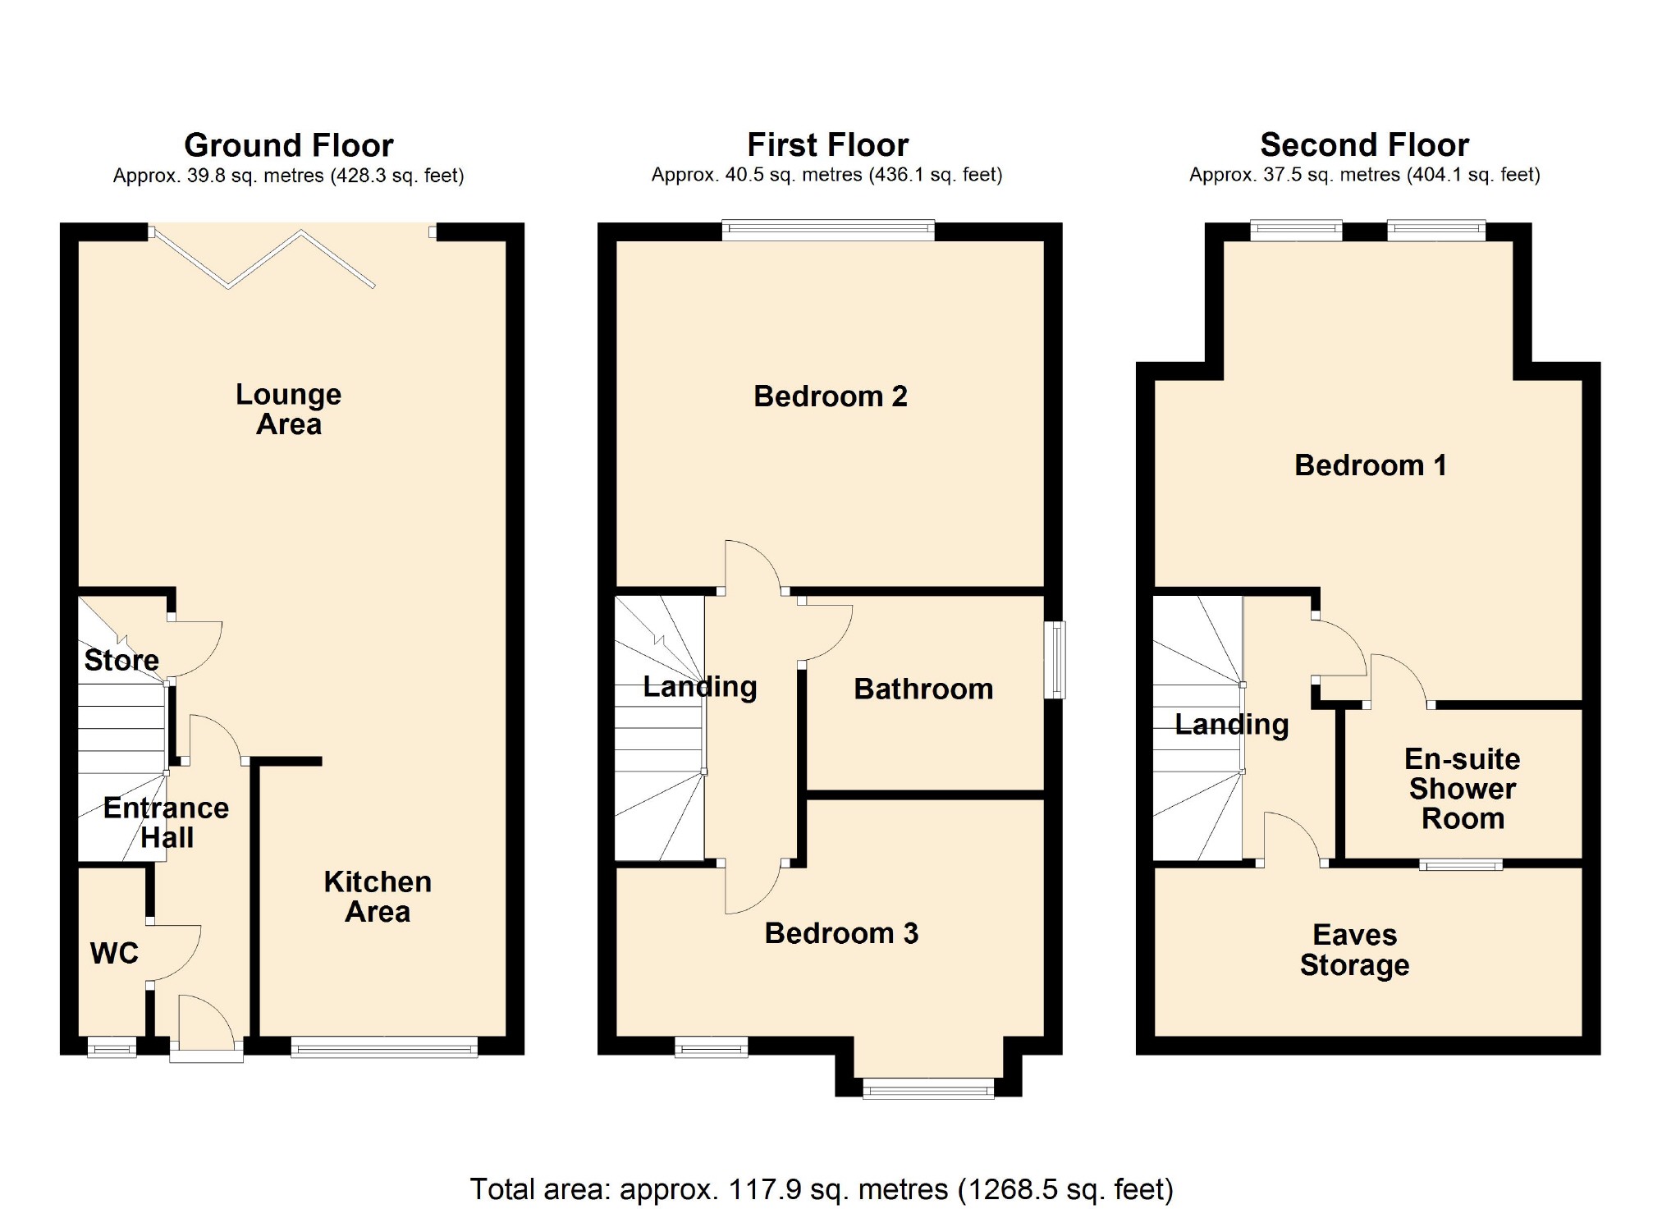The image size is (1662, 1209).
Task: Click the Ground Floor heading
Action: pyautogui.click(x=288, y=145)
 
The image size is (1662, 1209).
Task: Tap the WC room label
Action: pyautogui.click(x=114, y=953)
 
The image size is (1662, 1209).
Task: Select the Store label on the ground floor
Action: pyautogui.click(x=121, y=660)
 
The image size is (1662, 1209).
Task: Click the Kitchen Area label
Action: pyautogui.click(x=378, y=896)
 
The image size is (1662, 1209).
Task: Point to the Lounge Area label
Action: pyautogui.click(x=288, y=409)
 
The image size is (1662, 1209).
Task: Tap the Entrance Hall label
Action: pyautogui.click(x=166, y=822)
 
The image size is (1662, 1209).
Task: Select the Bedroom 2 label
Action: pyautogui.click(x=830, y=396)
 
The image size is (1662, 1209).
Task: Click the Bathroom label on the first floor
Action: pyautogui.click(x=923, y=689)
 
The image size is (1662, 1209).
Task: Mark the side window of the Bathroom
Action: pyautogui.click(x=1055, y=660)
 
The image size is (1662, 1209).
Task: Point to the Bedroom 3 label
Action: pyautogui.click(x=841, y=933)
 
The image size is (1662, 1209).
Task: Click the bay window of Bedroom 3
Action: pyautogui.click(x=928, y=1089)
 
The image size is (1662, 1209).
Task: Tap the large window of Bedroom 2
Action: pyautogui.click(x=827, y=230)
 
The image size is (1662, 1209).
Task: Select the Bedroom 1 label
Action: pyautogui.click(x=1370, y=465)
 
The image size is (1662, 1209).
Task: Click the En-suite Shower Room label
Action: pyautogui.click(x=1462, y=788)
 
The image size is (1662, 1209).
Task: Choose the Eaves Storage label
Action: pyautogui.click(x=1354, y=950)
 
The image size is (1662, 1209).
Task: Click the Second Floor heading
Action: pyautogui.click(x=1364, y=144)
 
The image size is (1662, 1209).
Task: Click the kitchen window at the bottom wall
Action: pyautogui.click(x=384, y=1046)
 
